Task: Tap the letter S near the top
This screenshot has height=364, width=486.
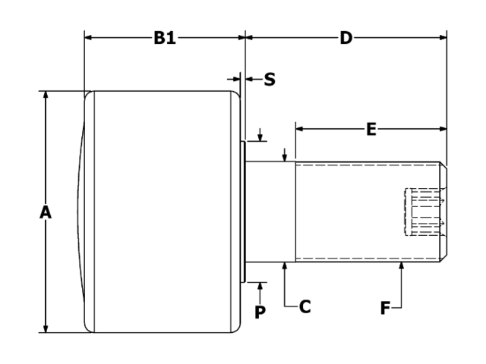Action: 270,79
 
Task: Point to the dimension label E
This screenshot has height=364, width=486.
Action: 371,130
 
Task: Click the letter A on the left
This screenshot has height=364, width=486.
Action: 46,214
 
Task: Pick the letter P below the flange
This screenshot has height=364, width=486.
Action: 260,312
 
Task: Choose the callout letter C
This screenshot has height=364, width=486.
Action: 305,307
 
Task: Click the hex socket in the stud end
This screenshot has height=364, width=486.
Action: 422,212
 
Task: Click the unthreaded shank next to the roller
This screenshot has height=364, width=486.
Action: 270,212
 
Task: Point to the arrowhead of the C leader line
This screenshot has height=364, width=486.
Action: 284,265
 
